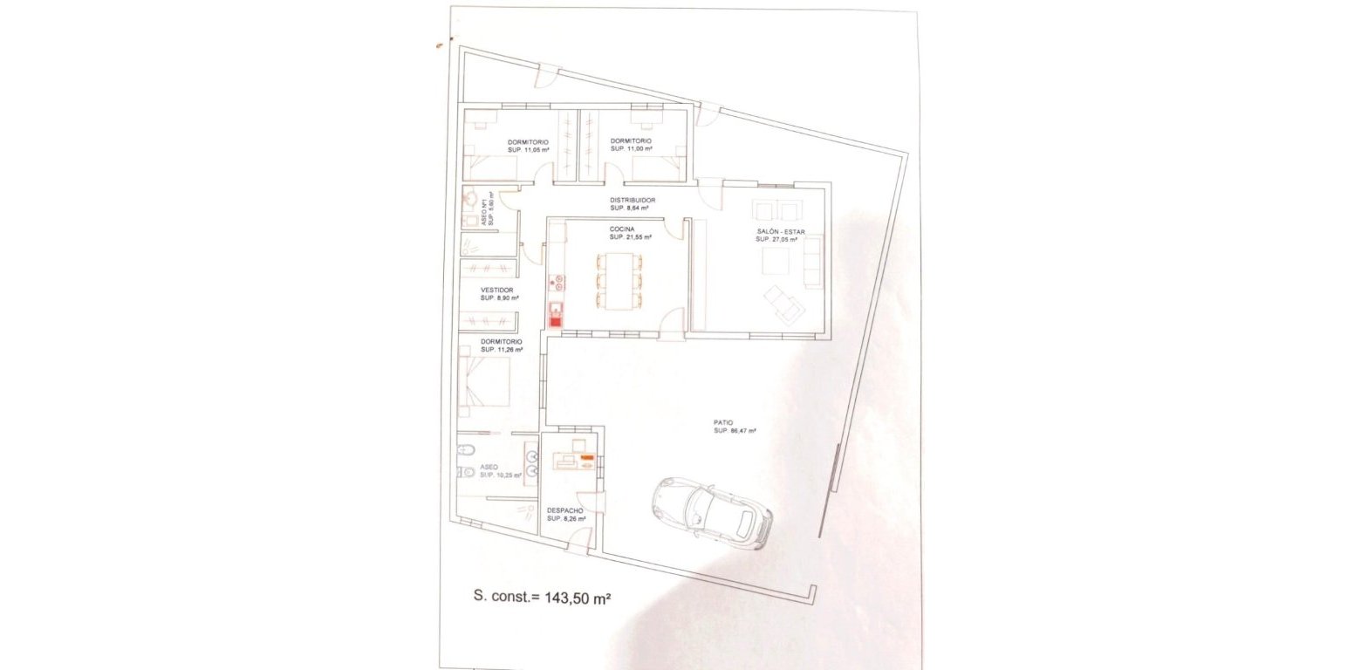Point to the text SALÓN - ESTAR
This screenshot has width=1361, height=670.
[x=781, y=231]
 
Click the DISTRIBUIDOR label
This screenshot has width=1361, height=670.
[x=633, y=201]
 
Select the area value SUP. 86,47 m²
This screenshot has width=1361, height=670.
[x=735, y=431]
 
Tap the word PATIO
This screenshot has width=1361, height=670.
[x=723, y=422]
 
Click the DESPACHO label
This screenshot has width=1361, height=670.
[x=564, y=510]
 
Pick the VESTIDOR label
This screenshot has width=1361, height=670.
[x=497, y=290]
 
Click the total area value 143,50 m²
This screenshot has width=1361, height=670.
[x=578, y=598]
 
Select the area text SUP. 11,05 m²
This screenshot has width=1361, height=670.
[x=528, y=150]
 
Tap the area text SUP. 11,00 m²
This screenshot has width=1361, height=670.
[x=630, y=149]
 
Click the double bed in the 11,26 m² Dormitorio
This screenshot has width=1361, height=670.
[x=484, y=382]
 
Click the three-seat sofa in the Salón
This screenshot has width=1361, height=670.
[x=812, y=261]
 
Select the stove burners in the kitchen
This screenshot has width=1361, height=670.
[x=556, y=282]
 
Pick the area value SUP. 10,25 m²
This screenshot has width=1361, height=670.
[x=501, y=475]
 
